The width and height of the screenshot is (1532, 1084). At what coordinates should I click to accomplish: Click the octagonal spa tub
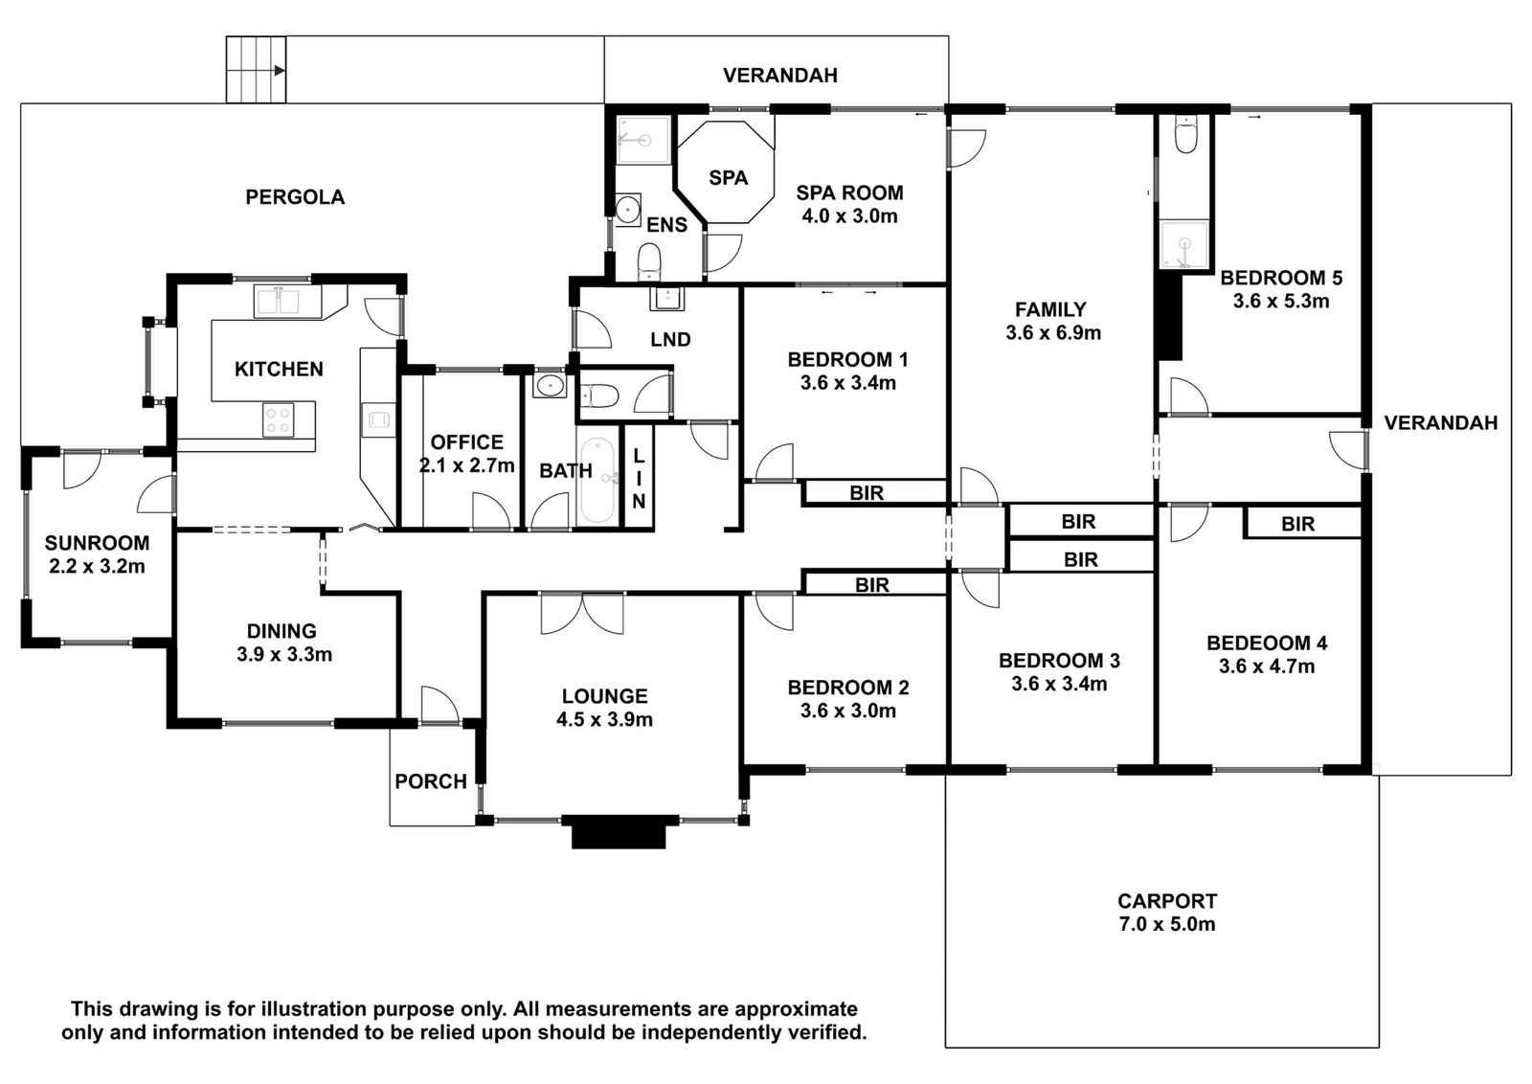pos(726,172)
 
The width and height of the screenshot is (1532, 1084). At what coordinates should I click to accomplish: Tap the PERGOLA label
pos(295,197)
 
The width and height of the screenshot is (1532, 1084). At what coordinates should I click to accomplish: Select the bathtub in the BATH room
pos(597,482)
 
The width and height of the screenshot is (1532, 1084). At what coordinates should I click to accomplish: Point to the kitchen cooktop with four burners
pos(279,420)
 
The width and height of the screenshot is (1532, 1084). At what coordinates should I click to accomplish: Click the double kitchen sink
pos(288,302)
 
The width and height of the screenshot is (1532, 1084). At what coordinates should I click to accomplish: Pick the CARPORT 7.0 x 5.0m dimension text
pos(1167,924)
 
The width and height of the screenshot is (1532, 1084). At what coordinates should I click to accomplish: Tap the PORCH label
pos(431,781)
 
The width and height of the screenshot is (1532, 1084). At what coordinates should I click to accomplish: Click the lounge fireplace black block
pos(619,831)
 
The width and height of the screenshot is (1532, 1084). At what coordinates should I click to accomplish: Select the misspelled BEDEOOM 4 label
pos(1267,643)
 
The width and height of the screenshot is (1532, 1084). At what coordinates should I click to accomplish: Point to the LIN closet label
pos(639,479)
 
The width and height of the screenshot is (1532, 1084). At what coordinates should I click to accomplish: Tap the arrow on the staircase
pos(279,71)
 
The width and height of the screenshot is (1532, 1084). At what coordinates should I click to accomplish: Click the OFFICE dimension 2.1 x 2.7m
pos(466,465)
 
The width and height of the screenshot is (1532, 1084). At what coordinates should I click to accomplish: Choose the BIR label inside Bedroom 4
pos(1298,524)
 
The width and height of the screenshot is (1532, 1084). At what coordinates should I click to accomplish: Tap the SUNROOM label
pos(97,543)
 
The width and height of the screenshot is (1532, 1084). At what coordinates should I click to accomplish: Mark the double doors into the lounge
pos(582,614)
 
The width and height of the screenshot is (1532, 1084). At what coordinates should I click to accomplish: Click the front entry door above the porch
pos(439,705)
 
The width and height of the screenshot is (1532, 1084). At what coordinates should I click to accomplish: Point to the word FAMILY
pos(1050,310)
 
